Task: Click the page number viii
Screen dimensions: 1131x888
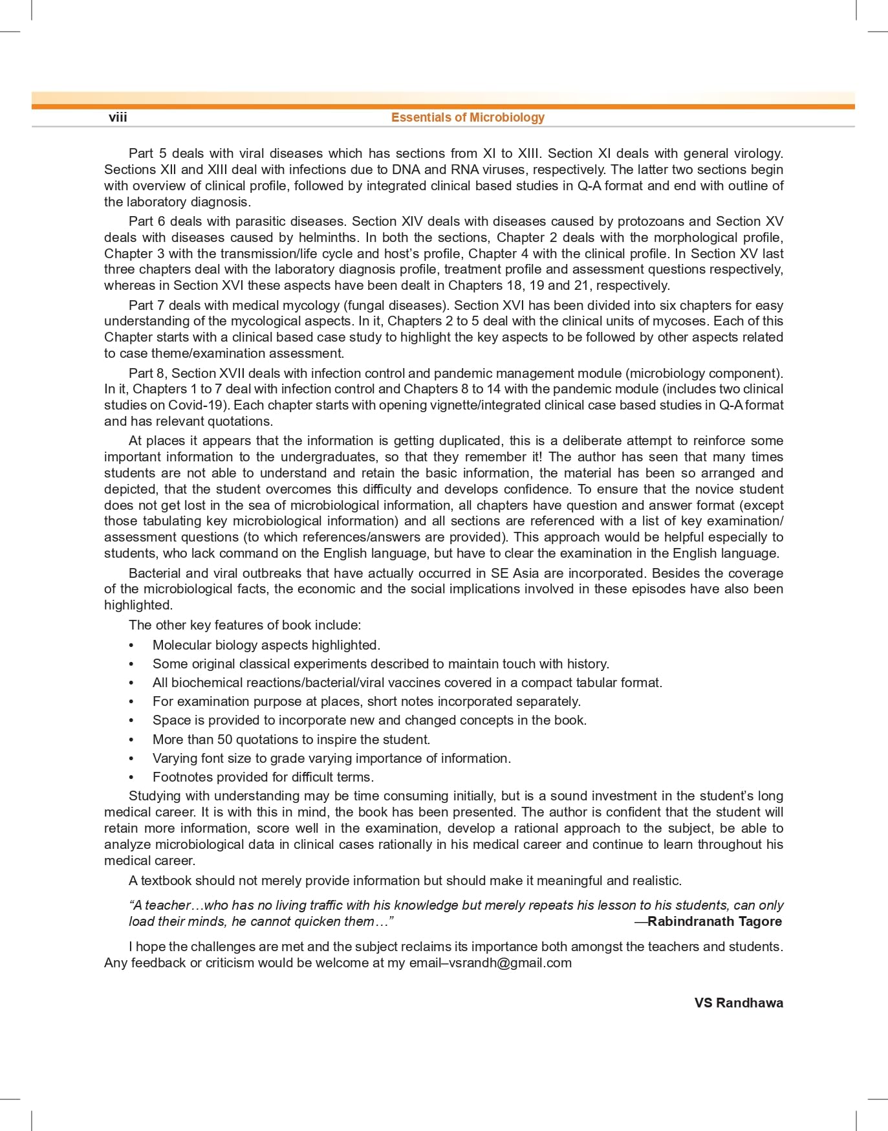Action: point(118,117)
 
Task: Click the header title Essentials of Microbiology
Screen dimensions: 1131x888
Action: point(468,117)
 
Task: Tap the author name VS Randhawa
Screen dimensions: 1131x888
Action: point(739,1002)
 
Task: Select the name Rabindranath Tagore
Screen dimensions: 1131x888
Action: point(714,921)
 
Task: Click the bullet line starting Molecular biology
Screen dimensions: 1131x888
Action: point(266,645)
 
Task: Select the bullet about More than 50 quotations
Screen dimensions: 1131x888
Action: point(291,740)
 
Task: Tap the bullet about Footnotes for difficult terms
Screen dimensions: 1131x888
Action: point(263,777)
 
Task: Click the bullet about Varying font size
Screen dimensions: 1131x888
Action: point(331,758)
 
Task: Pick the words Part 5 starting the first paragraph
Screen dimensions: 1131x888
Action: point(147,153)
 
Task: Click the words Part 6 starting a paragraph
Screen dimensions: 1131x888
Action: point(147,221)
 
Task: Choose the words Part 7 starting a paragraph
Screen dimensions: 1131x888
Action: point(147,305)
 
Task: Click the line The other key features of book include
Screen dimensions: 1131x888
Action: point(244,625)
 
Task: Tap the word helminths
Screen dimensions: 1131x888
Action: point(328,237)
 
